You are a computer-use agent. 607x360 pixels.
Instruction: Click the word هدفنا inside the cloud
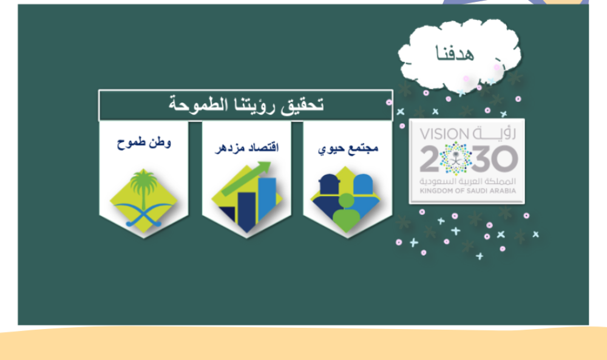pos(455,53)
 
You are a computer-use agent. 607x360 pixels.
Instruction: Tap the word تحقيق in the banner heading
pos(302,105)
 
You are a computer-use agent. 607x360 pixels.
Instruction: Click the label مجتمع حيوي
pos(348,149)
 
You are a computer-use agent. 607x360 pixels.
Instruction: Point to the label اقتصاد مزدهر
pos(246,148)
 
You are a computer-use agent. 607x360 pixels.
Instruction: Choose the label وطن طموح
pos(144,143)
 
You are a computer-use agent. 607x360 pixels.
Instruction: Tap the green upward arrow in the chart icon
pos(246,178)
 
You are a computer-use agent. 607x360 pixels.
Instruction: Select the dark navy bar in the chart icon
pos(246,212)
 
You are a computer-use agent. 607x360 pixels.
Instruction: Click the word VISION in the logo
pos(444,134)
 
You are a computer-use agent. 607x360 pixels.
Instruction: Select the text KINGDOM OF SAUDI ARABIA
pos(467,191)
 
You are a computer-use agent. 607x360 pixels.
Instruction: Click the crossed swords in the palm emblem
pos(144,214)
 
